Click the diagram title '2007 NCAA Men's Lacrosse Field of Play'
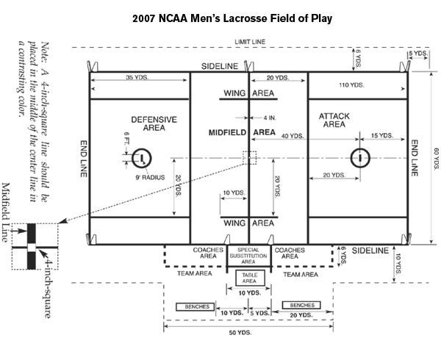point(220,17)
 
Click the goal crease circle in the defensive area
point(140,156)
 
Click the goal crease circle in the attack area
point(360,156)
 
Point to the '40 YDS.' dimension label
point(293,137)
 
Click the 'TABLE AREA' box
point(249,278)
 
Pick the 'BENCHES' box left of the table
point(193,306)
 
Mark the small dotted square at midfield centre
point(249,157)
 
